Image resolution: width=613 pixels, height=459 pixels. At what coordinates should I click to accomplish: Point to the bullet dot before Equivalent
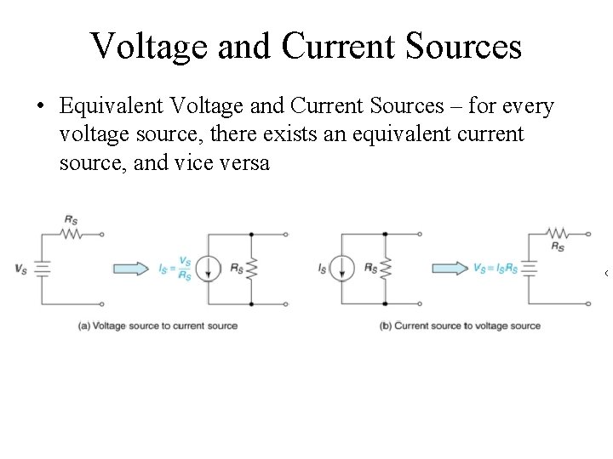[40, 108]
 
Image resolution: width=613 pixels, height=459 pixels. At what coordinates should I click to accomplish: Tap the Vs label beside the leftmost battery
[20, 269]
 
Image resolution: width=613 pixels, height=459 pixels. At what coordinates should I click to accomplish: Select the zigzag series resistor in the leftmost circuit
[72, 233]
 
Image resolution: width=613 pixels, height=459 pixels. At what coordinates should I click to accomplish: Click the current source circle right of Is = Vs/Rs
[207, 269]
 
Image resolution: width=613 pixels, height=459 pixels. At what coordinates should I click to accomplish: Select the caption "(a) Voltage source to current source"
[158, 326]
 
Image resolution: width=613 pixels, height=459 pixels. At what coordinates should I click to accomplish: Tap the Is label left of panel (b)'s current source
[323, 269]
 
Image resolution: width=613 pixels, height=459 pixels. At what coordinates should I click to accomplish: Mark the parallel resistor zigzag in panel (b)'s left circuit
[385, 269]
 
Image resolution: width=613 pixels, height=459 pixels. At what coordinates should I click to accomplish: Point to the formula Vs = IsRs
[495, 269]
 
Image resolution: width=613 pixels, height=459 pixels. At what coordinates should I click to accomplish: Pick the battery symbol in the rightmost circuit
[529, 268]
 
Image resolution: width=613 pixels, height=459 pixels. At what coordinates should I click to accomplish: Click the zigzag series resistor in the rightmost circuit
[558, 233]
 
